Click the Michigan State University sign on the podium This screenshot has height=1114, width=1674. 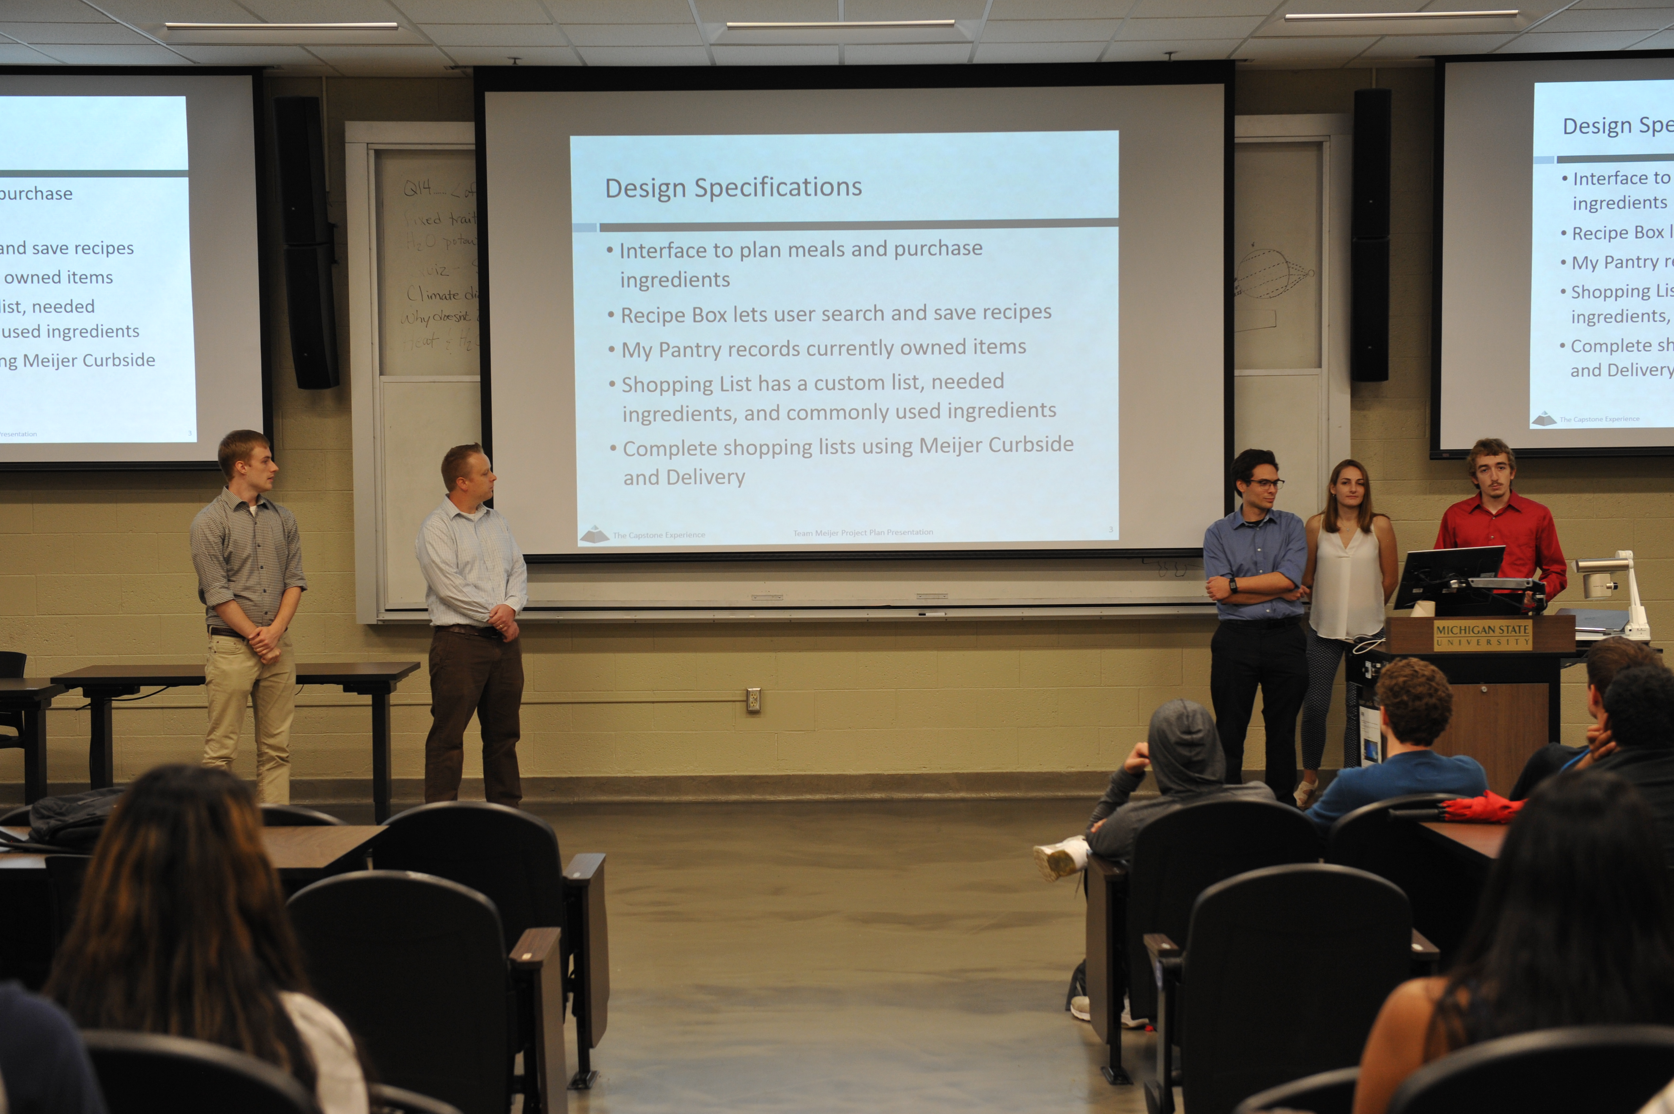click(x=1482, y=634)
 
